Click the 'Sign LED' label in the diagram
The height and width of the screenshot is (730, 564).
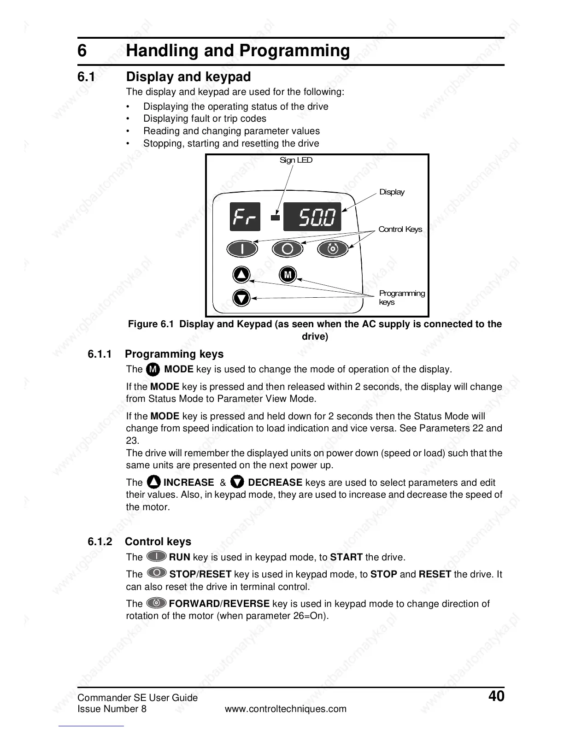[x=296, y=160]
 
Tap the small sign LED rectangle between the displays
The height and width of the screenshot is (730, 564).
[x=275, y=218]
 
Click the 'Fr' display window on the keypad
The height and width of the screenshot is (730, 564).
[x=245, y=217]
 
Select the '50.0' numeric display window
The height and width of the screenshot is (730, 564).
[x=312, y=217]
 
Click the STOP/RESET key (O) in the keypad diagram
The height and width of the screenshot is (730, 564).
[x=288, y=249]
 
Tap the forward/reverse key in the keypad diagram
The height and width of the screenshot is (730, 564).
[x=333, y=249]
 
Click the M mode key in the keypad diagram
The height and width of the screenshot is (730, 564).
[x=288, y=275]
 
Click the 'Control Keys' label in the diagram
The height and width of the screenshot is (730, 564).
[x=400, y=229]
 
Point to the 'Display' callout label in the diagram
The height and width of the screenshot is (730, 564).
[x=392, y=192]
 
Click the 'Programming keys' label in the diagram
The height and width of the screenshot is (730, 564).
[x=401, y=297]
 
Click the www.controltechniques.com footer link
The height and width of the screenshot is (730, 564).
[x=285, y=709]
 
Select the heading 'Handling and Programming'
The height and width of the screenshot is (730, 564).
[x=238, y=50]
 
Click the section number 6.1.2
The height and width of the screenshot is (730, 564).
[x=100, y=542]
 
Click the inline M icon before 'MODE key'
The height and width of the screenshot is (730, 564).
[x=153, y=370]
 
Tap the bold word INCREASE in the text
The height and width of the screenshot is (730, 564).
[x=188, y=483]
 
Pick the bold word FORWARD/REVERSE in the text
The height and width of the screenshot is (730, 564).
[x=219, y=604]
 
